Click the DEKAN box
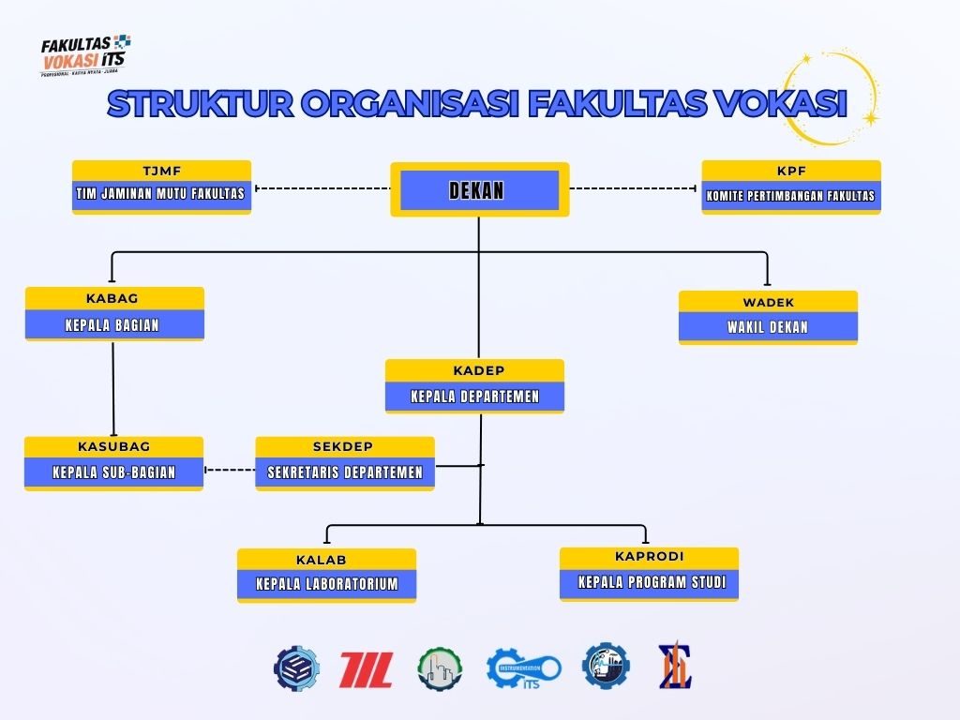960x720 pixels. pos(479,190)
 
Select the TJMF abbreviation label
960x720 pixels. pos(161,171)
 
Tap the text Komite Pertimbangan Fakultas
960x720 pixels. pos(790,196)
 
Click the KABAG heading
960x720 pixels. pos(113,298)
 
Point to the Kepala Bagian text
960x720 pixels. pos(113,325)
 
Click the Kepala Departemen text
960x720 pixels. pos(474,397)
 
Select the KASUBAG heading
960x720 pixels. pos(113,447)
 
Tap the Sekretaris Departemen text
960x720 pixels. pos(345,472)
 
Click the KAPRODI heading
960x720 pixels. pos(649,557)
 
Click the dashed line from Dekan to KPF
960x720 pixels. pos(635,188)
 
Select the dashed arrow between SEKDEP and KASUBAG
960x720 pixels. pos(230,470)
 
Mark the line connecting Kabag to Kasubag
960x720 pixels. pos(113,388)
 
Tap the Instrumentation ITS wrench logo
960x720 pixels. pos(523,668)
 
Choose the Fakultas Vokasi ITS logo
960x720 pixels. pos(85,54)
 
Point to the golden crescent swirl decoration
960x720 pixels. pos(834,94)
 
